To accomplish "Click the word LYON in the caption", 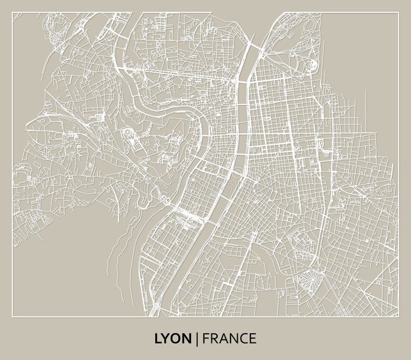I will pyautogui.click(x=172, y=339).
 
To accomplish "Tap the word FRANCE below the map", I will pyautogui.click(x=230, y=339).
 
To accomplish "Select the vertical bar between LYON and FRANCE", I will pyautogui.click(x=197, y=339).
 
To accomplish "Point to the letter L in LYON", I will pyautogui.click(x=158, y=339).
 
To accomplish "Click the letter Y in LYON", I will pyautogui.click(x=165, y=339).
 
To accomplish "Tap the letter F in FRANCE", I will pyautogui.click(x=206, y=339).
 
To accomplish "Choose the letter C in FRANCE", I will pyautogui.click(x=243, y=339).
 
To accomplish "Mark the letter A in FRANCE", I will pyautogui.click(x=224, y=339).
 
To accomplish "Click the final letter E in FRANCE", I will pyautogui.click(x=253, y=339).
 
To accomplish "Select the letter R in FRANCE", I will pyautogui.click(x=214, y=339).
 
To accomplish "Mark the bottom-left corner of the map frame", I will pyautogui.click(x=12, y=316).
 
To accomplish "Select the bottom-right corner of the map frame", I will pyautogui.click(x=399, y=316).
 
